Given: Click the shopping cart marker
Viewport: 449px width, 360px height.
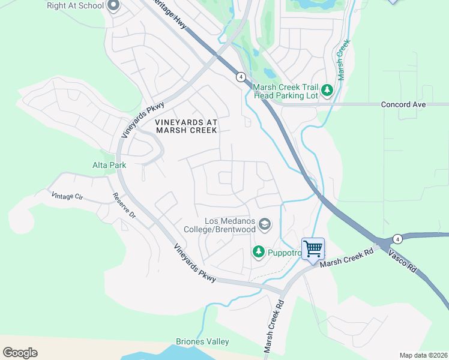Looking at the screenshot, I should (x=313, y=248).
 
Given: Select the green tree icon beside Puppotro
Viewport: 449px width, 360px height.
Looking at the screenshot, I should (x=258, y=252).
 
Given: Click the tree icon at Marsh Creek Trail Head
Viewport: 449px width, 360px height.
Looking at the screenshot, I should (x=327, y=90).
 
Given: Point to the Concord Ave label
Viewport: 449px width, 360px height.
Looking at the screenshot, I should (x=403, y=104).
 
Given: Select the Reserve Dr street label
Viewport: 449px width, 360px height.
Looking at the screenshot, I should (x=124, y=209).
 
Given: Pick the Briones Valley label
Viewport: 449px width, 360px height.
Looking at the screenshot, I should (x=202, y=342).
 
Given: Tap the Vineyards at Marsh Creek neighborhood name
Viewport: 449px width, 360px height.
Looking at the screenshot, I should (x=186, y=126).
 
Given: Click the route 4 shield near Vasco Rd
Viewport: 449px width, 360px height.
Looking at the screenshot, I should (x=397, y=239).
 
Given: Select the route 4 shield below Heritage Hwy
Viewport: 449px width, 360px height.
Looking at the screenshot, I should (x=240, y=76).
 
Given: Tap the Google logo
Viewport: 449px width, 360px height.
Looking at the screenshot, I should (x=20, y=353).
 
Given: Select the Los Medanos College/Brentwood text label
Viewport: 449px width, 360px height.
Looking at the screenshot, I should (x=231, y=225).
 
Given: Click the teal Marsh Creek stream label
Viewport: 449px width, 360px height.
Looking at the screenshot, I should (x=342, y=60).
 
